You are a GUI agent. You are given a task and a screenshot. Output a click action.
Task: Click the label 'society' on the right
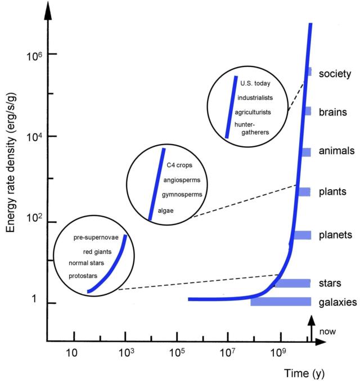pos(335,74)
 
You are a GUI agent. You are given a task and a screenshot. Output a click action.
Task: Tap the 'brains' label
pos(333,112)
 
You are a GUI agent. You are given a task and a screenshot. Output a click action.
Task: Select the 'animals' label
pos(336,151)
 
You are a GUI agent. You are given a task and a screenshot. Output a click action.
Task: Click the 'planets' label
pos(336,235)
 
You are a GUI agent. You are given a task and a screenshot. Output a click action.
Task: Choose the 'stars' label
pos(331,283)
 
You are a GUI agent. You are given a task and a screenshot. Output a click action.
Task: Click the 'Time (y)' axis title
pos(304,372)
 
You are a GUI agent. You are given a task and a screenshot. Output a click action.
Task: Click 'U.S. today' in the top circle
pos(255,84)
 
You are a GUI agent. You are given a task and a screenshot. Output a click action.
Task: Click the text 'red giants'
pos(97,252)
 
